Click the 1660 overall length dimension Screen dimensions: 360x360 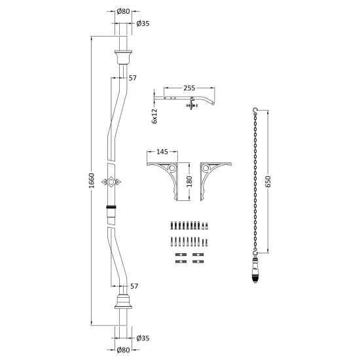coord(92,181)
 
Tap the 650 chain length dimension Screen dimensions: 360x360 coord(268,181)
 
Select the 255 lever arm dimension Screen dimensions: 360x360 coord(189,88)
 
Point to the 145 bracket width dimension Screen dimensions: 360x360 coord(162,152)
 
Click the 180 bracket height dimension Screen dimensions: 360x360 coord(189,181)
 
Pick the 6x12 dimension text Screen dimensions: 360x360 coord(154,116)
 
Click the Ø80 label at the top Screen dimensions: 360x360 coord(123,11)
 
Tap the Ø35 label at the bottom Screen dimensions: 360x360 coord(143,338)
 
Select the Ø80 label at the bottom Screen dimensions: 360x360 coord(123,350)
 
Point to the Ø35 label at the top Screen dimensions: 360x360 coord(143,24)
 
